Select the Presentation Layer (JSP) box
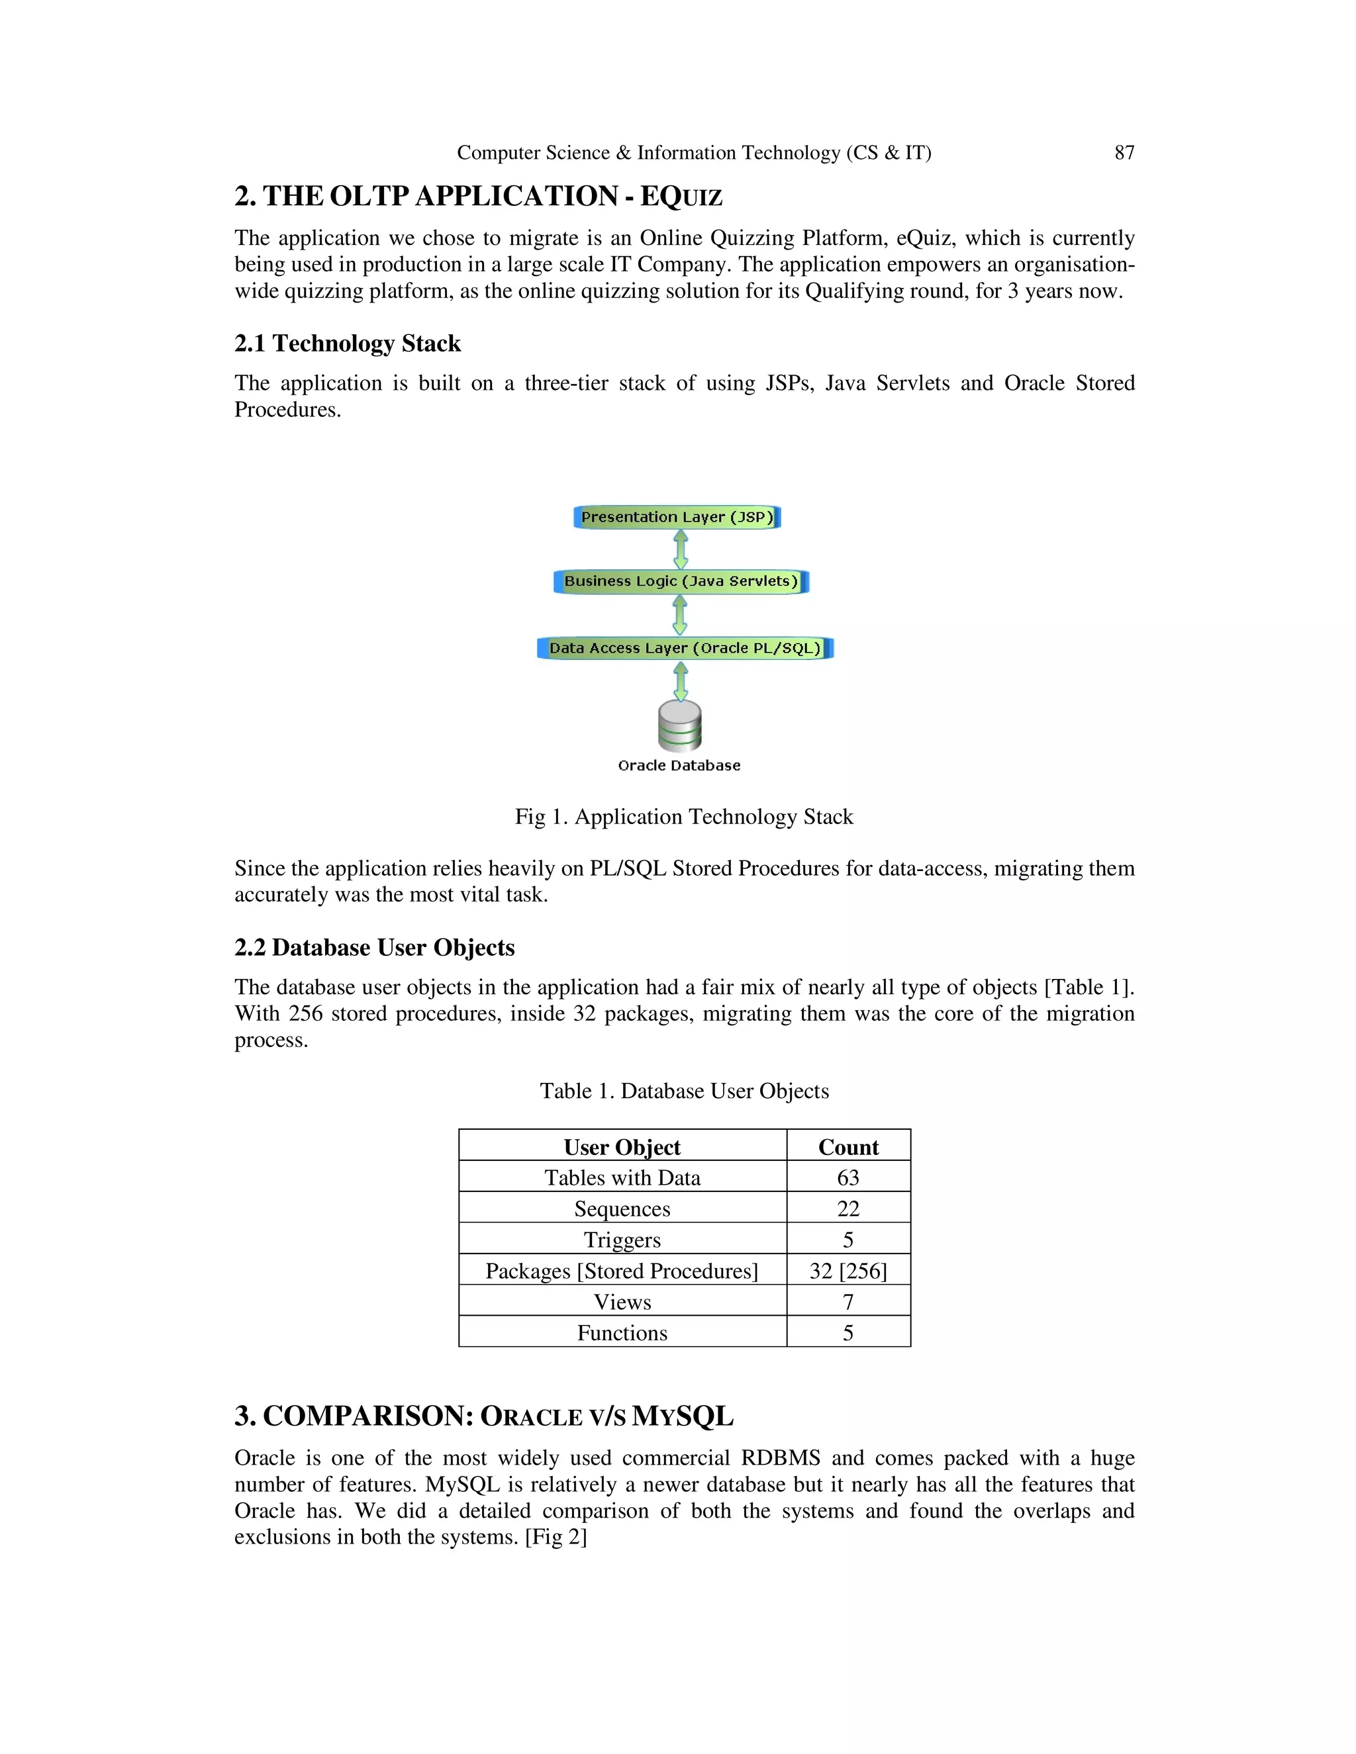point(677,517)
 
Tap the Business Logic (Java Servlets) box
point(681,581)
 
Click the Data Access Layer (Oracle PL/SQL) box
point(685,648)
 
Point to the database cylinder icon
point(679,725)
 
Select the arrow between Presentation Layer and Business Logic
point(681,549)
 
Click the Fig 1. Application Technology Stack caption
point(683,817)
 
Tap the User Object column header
point(622,1147)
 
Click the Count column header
point(848,1147)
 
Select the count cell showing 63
point(848,1177)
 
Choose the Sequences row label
point(622,1209)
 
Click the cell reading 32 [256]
point(848,1271)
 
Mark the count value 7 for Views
point(848,1302)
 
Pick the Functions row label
point(622,1333)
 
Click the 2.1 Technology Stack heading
point(347,344)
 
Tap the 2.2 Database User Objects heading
point(374,948)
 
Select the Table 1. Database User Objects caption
point(683,1091)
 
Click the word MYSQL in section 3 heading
point(682,1416)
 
